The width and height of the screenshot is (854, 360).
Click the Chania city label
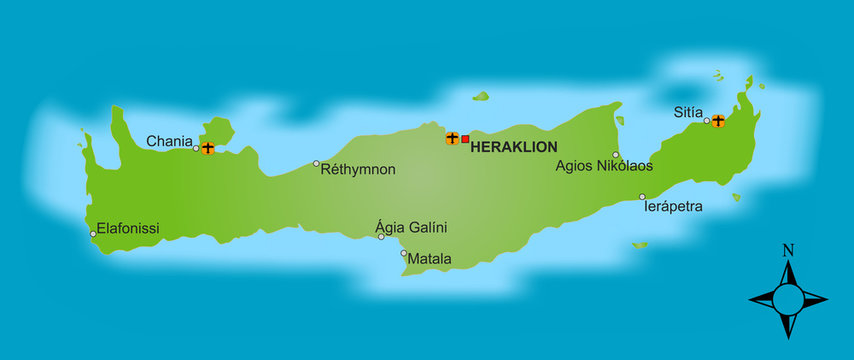[x=168, y=141]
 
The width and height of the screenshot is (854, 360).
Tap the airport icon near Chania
[x=207, y=148]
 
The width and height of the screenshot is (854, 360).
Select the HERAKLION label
[x=513, y=147]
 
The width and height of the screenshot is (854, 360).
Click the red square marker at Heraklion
[x=465, y=138]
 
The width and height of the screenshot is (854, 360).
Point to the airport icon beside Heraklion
[x=452, y=138]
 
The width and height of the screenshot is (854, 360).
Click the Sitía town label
[x=687, y=114]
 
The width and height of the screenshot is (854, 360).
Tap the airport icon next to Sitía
[x=717, y=121]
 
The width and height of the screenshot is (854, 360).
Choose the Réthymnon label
[x=357, y=170]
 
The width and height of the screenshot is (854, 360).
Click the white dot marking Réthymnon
[x=316, y=163]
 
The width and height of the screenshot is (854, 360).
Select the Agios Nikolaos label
[x=604, y=166]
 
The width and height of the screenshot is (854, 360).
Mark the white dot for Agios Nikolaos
[x=616, y=154]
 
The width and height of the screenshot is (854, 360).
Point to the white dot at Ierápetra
[x=642, y=196]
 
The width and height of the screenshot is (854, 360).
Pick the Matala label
[x=430, y=259]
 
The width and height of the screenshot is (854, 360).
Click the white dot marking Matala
[x=404, y=253]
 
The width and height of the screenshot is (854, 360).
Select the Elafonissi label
[x=128, y=229]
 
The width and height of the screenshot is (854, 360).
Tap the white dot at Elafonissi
[x=93, y=234]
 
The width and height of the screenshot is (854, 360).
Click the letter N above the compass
[x=788, y=250]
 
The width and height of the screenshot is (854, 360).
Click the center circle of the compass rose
[x=788, y=297]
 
